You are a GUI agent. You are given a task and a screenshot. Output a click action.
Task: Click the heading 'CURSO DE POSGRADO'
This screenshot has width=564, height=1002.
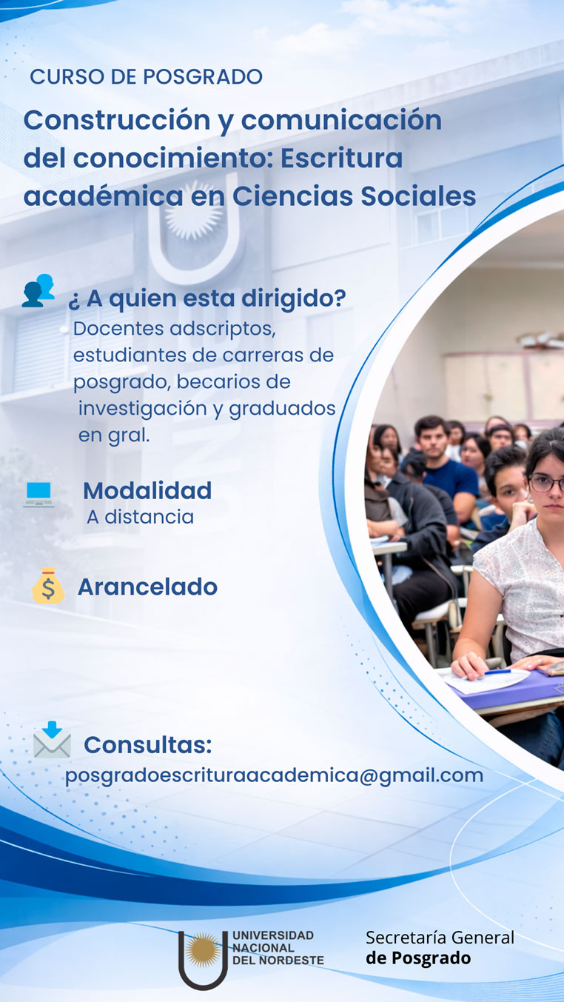[x=146, y=77]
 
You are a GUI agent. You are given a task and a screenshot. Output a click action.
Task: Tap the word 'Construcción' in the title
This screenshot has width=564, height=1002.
[x=117, y=120]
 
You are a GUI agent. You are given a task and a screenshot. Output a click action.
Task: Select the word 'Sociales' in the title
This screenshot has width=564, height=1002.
[x=418, y=196]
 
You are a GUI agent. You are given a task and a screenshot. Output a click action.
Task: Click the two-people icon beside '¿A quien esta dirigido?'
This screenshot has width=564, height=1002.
[x=38, y=290]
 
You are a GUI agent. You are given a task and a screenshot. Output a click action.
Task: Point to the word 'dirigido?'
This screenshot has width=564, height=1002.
[x=294, y=299]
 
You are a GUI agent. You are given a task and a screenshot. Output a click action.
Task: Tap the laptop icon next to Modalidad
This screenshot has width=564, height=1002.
[x=39, y=494]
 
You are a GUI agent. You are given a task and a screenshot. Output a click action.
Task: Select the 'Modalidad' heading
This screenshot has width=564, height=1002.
[x=147, y=491]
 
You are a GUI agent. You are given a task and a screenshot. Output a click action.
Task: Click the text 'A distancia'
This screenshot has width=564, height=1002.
[x=141, y=517]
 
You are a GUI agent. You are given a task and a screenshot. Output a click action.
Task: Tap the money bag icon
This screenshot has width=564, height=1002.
[x=48, y=586]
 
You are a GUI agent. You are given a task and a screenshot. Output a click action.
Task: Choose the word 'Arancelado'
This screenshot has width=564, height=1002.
[x=148, y=587]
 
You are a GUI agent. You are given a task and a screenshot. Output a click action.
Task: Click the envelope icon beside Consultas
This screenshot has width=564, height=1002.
[x=53, y=739]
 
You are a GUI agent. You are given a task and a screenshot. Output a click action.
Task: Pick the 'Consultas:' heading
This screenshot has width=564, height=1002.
[x=148, y=745]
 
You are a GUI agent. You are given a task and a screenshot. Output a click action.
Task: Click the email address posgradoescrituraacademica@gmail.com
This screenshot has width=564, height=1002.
[x=275, y=775]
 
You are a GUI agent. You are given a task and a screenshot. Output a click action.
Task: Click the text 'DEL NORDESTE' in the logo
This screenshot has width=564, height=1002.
[x=278, y=961]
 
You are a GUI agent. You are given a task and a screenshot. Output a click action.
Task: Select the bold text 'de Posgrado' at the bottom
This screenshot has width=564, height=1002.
[x=418, y=958]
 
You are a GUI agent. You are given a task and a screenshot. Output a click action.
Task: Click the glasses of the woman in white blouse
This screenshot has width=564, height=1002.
[x=546, y=484]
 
